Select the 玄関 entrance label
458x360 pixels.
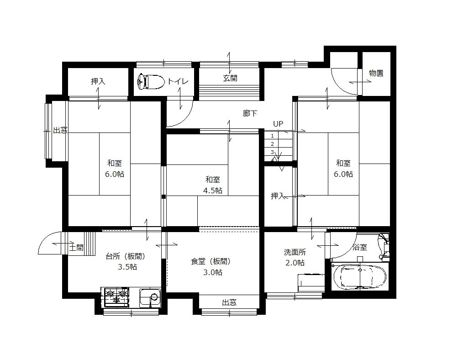click(x=230, y=79)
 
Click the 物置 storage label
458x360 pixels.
click(x=376, y=73)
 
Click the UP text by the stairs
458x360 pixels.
click(x=278, y=124)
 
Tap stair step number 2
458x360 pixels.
click(x=272, y=144)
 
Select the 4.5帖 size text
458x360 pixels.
click(x=213, y=191)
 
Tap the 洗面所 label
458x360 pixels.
click(x=295, y=252)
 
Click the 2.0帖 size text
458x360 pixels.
click(x=295, y=263)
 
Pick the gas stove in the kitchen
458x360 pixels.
click(x=116, y=297)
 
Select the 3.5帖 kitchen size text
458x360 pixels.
click(x=127, y=267)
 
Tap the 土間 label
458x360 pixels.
click(x=76, y=248)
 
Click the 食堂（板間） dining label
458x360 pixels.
click(x=210, y=262)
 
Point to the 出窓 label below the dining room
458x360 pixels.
click(x=229, y=302)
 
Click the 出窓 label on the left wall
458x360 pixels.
click(x=60, y=131)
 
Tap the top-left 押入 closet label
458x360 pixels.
click(x=98, y=81)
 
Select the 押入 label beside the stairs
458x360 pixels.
click(x=278, y=196)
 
